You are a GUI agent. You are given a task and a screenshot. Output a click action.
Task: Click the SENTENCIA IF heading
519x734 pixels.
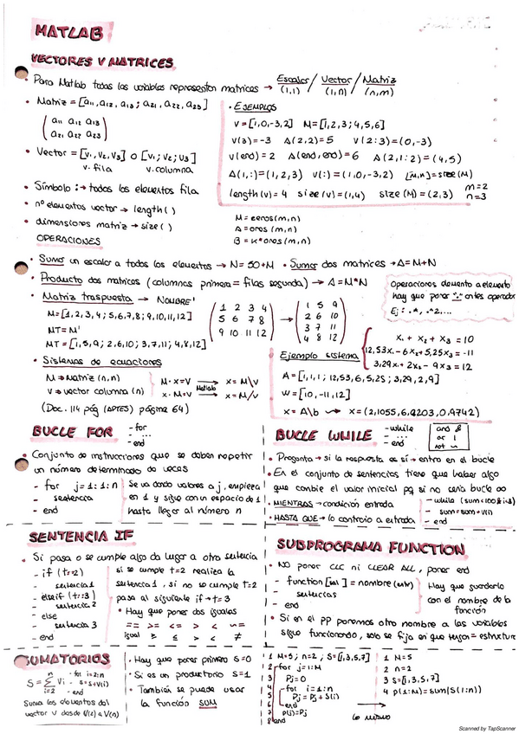click(x=81, y=537)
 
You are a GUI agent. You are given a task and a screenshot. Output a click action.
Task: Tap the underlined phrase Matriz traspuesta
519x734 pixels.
click(x=73, y=297)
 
